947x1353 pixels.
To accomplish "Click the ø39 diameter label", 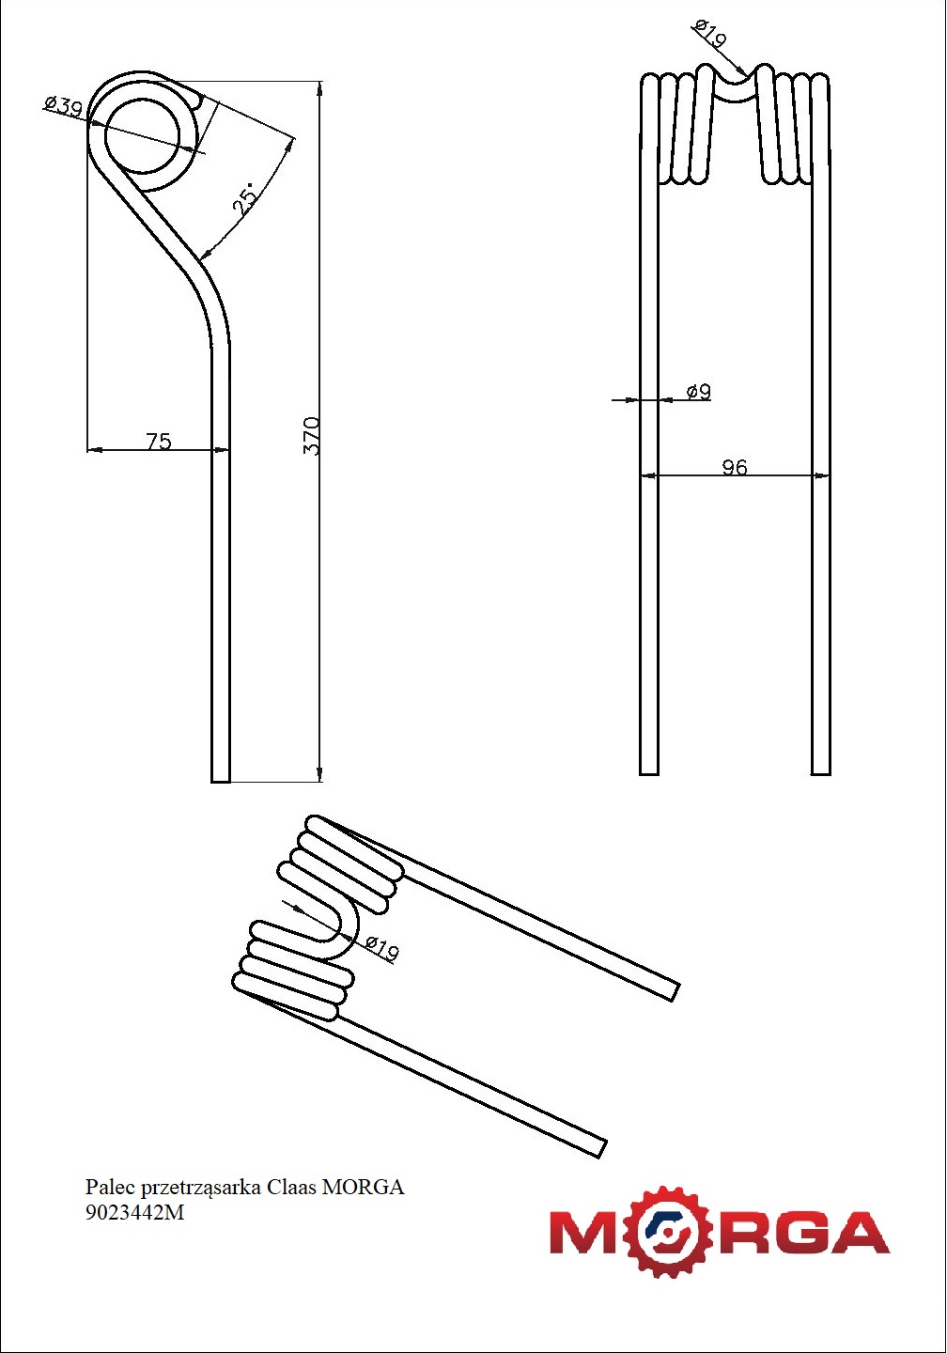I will click(63, 105).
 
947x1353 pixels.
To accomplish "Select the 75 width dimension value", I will click(159, 441).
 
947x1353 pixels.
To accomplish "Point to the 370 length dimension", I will click(311, 436).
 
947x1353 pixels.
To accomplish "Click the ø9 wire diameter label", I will click(698, 391).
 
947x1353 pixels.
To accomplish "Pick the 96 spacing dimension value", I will click(735, 467).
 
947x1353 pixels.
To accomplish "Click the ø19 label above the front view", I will click(710, 35).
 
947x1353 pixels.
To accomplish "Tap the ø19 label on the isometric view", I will click(381, 947).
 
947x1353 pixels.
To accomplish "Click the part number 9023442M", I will click(135, 1212).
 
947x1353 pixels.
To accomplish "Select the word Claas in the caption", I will click(291, 1187).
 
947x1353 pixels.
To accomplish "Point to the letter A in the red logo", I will click(855, 1233).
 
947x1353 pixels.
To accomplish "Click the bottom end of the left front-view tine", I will click(649, 768).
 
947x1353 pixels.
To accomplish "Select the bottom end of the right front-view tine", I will click(820, 768).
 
